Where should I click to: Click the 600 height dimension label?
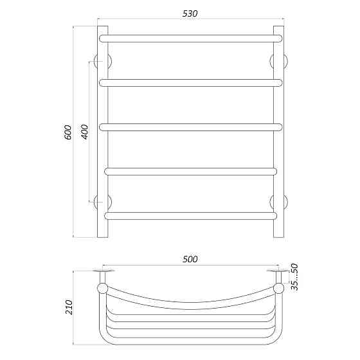(69, 134)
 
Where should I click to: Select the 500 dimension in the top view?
(190, 259)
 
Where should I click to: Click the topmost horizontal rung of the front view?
(190, 39)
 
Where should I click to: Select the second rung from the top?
(190, 82)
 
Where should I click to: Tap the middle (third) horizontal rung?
(190, 126)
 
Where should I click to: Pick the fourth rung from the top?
(190, 171)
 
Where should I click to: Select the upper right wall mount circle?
(280, 62)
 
